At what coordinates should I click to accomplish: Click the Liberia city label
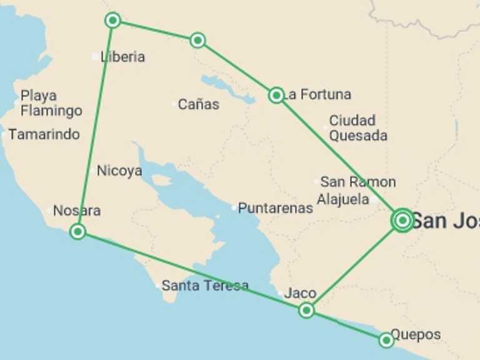(122, 57)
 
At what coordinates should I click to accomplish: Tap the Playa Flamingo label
(51, 103)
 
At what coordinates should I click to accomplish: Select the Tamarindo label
(44, 134)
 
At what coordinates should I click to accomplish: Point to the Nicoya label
(119, 171)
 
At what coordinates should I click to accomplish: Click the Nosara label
(77, 211)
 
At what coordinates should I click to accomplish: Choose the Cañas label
(198, 104)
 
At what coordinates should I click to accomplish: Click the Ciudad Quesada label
(357, 128)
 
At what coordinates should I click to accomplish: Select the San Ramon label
(357, 182)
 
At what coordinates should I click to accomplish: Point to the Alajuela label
(343, 200)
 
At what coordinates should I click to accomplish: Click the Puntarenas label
(275, 208)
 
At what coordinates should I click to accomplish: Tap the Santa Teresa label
(204, 286)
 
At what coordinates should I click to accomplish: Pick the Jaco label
(300, 293)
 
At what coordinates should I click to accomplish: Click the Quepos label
(415, 334)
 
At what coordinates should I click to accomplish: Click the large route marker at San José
(402, 220)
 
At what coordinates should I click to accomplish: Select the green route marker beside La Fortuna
(276, 95)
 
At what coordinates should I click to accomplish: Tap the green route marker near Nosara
(77, 232)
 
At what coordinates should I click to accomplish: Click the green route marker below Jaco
(306, 310)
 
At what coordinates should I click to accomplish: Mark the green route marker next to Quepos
(386, 340)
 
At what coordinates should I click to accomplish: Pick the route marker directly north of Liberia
(112, 21)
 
